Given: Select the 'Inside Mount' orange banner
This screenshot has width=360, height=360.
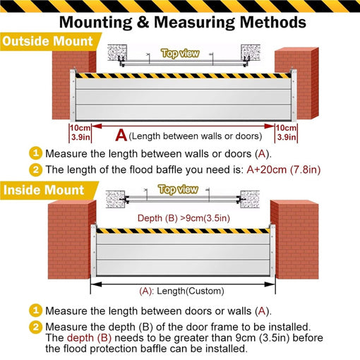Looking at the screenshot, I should click(44, 190).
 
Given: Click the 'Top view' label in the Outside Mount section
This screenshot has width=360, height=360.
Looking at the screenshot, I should click(180, 53).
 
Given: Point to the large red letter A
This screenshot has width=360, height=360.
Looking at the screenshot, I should click(121, 134).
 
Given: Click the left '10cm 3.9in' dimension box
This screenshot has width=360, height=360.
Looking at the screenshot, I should click(79, 132).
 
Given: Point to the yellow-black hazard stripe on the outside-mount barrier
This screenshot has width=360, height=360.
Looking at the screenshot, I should click(182, 74).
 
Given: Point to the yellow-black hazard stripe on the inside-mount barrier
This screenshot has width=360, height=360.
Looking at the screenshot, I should click(182, 231).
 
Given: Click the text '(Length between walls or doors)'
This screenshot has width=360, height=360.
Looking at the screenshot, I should click(196, 136).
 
